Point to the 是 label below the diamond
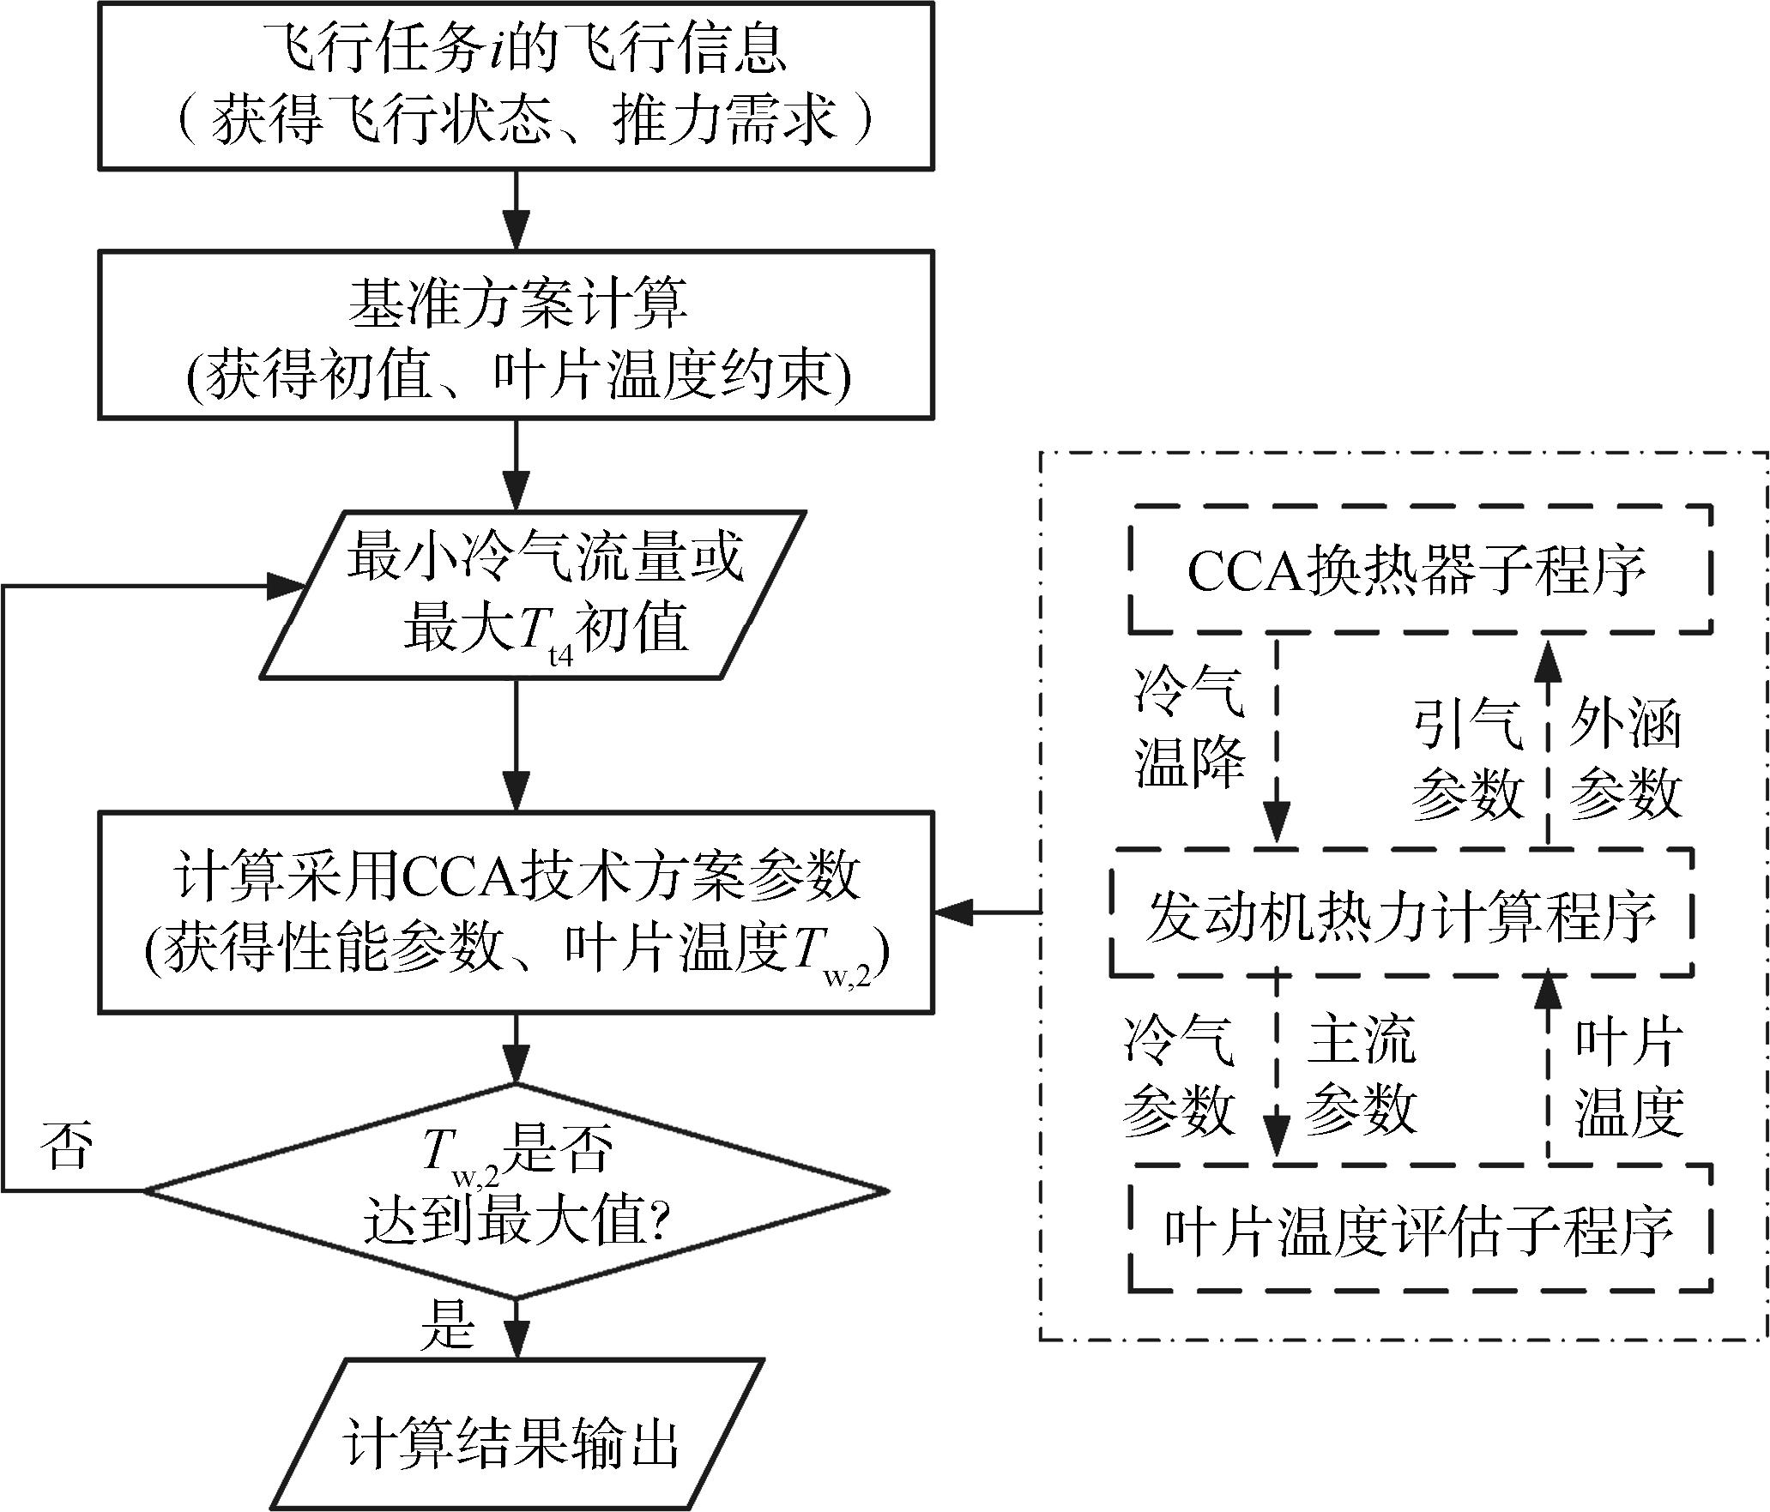click(446, 1327)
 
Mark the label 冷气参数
click(1179, 1076)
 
